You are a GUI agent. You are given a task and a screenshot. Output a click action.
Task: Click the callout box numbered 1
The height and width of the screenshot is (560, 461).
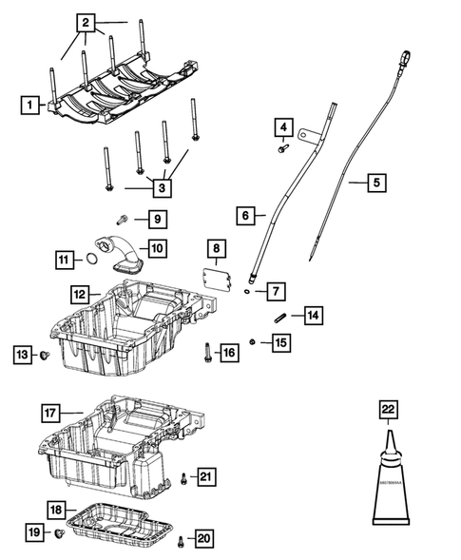point(31,105)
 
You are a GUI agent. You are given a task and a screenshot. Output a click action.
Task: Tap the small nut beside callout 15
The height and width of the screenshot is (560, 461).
point(251,341)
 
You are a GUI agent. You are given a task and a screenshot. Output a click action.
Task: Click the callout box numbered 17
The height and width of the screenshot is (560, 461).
point(52,414)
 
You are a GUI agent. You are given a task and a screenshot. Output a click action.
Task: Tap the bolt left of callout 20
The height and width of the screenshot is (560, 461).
point(180,542)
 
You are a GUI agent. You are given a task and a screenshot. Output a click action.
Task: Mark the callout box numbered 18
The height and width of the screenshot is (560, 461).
point(57,510)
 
